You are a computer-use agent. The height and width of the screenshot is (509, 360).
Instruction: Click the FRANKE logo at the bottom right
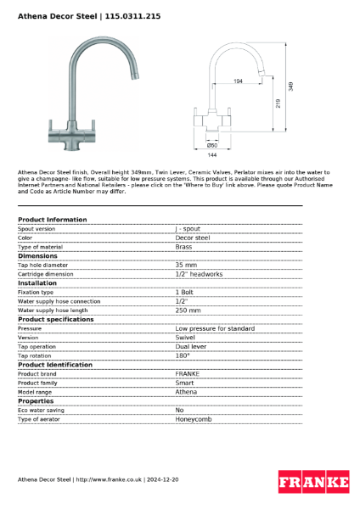(313, 482)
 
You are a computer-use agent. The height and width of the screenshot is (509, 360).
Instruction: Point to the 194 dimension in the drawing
(237, 81)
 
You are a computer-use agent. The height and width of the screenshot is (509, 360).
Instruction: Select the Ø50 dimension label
(212, 145)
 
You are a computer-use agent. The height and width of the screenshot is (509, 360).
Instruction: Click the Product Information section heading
(52, 220)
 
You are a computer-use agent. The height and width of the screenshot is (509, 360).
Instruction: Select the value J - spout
(188, 228)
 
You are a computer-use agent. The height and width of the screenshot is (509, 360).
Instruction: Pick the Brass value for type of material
(183, 246)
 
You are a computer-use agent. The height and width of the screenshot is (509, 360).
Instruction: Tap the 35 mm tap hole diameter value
(186, 265)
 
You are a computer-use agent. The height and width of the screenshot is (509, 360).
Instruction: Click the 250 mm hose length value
(188, 310)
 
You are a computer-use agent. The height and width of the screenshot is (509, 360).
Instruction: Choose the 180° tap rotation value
(183, 355)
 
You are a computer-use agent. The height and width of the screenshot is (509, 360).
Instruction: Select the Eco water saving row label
(42, 410)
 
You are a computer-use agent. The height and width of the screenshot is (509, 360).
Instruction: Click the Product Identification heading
(55, 364)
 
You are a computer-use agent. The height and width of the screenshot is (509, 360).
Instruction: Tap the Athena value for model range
(186, 392)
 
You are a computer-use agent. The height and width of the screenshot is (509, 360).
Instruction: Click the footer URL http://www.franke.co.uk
(108, 479)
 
